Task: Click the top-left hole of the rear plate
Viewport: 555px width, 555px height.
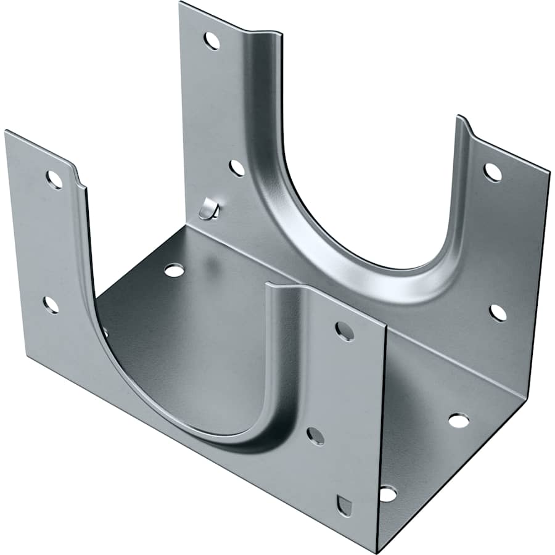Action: tap(212, 41)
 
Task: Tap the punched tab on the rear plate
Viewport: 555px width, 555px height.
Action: tap(208, 210)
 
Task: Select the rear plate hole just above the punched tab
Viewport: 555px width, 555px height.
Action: tap(237, 168)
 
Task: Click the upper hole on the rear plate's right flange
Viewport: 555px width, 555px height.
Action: tap(492, 172)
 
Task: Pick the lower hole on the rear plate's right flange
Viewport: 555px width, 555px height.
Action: tap(498, 313)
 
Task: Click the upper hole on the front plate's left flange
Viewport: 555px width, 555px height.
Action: tap(54, 179)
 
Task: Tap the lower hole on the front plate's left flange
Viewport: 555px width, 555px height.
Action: tap(51, 305)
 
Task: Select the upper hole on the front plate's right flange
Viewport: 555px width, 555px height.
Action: tap(345, 331)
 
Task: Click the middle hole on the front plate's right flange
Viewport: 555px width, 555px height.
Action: tap(315, 436)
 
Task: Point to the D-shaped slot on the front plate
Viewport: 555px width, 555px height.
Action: tap(345, 505)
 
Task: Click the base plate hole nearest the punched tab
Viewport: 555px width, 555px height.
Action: tap(174, 270)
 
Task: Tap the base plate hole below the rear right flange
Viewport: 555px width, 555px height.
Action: tap(458, 421)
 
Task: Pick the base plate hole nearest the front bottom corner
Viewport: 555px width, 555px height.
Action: tap(387, 493)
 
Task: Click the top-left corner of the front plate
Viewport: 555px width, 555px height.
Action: tap(6, 131)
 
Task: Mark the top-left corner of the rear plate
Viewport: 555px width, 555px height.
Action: tap(181, 3)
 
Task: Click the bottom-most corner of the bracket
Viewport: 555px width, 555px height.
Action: tap(376, 551)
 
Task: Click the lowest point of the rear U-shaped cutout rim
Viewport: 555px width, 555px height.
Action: tap(395, 271)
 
